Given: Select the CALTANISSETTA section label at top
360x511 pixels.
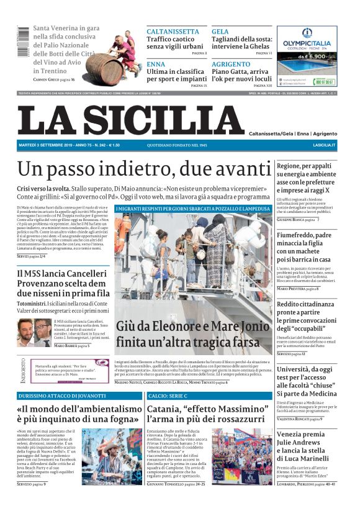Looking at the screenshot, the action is (x=173, y=31).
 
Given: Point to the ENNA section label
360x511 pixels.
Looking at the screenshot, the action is (x=156, y=64).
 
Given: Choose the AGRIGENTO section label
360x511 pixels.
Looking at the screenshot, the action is (x=230, y=64).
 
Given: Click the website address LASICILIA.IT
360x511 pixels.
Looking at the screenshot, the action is (x=324, y=145).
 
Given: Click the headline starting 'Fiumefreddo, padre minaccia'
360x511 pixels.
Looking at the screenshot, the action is (x=308, y=247).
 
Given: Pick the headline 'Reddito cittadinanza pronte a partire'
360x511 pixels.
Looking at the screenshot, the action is (x=308, y=316).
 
